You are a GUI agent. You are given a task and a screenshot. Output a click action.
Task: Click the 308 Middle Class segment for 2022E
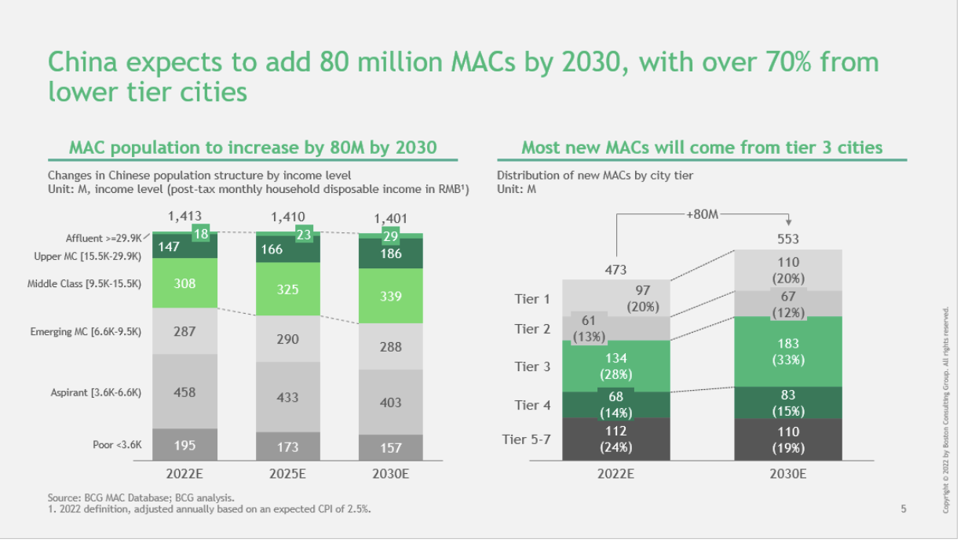[185, 283]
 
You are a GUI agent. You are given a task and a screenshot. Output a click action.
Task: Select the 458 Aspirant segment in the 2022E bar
[185, 392]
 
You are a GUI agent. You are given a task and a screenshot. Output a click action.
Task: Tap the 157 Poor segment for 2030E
[391, 447]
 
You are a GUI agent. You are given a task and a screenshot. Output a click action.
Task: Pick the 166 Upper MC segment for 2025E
[288, 250]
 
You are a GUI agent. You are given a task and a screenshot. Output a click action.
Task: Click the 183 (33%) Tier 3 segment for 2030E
[788, 352]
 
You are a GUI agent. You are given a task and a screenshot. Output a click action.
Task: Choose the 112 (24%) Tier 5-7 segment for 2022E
[615, 439]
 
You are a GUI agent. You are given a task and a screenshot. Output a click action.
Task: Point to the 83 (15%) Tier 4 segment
[788, 403]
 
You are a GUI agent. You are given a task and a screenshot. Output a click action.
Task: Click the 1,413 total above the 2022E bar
[184, 216]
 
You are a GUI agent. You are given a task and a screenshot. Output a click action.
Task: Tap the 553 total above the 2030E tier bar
[788, 239]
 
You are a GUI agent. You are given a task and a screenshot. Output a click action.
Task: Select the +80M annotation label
[703, 214]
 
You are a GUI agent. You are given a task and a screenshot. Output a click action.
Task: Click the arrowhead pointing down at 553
[788, 222]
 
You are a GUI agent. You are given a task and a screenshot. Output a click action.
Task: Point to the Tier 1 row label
[532, 299]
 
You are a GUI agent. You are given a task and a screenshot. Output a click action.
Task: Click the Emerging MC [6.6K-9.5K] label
[86, 332]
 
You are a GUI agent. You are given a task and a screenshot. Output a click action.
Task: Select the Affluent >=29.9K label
[104, 238]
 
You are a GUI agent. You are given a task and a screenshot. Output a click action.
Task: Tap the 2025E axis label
[287, 474]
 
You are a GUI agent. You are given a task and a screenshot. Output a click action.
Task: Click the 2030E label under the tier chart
[788, 474]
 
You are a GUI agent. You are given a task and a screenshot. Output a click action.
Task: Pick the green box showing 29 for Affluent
[391, 236]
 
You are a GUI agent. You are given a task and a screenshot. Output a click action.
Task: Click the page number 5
[904, 509]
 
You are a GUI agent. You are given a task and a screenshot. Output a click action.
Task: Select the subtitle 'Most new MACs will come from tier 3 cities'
[702, 148]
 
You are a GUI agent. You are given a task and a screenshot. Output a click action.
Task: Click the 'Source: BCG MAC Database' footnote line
[141, 497]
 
